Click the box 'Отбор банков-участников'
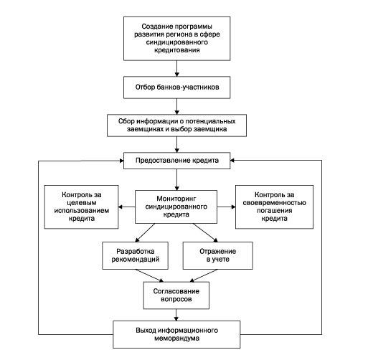176,87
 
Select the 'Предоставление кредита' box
176,161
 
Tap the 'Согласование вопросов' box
176,295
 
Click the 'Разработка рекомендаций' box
135,255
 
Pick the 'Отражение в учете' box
218,255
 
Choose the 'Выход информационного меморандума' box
176,334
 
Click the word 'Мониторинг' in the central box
176,199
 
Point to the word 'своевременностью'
274,203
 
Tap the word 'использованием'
82,211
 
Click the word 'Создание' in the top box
153,27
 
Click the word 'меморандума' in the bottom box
176,338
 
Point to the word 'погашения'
274,211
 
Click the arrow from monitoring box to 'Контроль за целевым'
127,207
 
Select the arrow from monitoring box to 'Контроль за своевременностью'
226,207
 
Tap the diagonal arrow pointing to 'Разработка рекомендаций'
145,232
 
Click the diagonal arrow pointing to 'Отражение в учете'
205,232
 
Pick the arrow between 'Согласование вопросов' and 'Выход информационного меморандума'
176,315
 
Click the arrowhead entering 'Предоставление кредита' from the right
232,161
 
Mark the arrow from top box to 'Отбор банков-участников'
176,68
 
